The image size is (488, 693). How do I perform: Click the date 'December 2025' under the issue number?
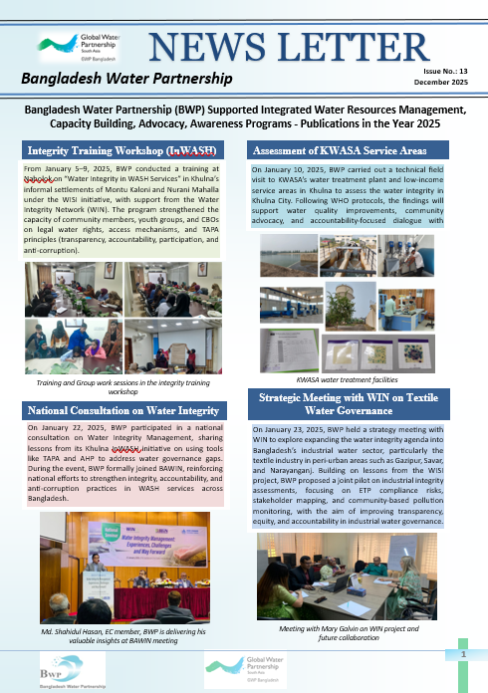pos(443,87)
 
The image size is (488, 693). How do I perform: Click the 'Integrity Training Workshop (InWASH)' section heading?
pos(122,151)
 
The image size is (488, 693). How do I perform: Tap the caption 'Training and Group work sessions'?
pos(122,387)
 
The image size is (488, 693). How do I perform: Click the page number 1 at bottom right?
pos(463,654)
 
